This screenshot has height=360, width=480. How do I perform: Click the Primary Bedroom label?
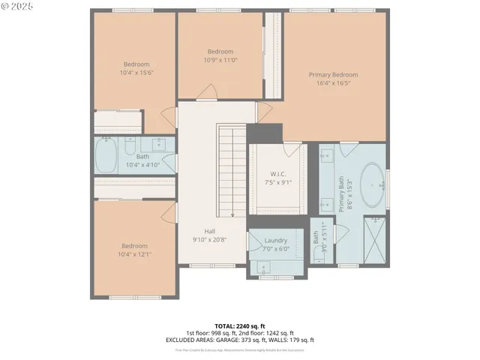tap(334, 75)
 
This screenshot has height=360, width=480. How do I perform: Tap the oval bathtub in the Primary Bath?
tap(373, 185)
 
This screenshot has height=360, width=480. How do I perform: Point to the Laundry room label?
tap(276, 240)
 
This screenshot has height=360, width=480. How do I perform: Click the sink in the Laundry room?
tap(263, 267)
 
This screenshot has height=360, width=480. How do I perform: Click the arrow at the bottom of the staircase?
tap(232, 211)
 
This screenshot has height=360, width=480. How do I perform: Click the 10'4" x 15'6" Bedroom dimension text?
tap(136, 73)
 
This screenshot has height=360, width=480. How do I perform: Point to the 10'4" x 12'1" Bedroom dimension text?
tap(135, 254)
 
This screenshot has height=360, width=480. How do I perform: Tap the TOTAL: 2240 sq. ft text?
tap(240, 326)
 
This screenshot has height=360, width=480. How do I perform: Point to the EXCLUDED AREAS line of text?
tap(240, 340)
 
